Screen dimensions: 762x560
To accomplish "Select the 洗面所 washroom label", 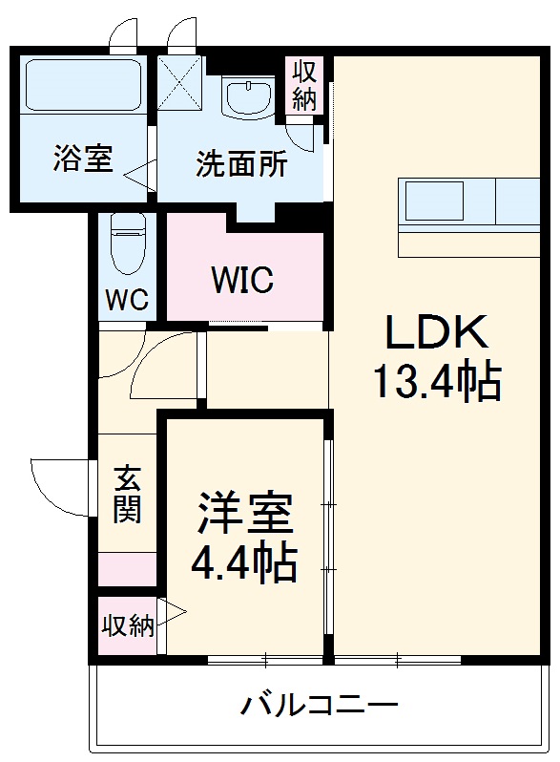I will tap(240, 164).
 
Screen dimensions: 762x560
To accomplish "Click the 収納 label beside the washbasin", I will tap(304, 85).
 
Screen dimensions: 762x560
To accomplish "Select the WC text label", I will tap(126, 300).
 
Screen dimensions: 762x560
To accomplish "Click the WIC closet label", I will tap(242, 281).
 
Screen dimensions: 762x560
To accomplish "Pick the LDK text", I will tap(436, 333).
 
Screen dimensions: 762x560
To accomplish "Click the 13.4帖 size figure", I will tap(436, 383).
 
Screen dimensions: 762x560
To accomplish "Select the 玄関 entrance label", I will tap(127, 495).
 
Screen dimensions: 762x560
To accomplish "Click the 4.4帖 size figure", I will tap(244, 566).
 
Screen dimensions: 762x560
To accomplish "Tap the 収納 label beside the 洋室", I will tap(127, 626).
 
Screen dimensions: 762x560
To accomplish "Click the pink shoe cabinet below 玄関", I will tap(127, 569).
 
